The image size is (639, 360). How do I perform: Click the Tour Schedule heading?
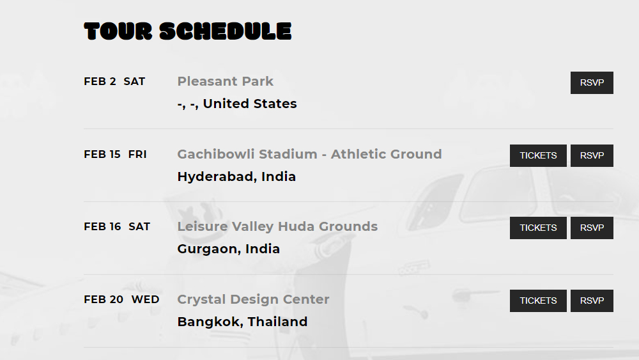coord(188,31)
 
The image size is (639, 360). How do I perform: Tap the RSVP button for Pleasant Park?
coord(592,82)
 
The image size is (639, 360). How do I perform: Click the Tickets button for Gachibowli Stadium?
coord(538,156)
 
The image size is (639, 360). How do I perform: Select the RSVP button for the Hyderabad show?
coord(592,156)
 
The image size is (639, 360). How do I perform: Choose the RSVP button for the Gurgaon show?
coord(592,228)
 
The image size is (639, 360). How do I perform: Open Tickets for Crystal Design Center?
coord(538,301)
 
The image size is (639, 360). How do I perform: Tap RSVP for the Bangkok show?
coord(592,301)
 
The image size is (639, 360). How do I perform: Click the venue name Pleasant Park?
coord(226,81)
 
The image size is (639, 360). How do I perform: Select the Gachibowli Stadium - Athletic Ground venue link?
coord(309,154)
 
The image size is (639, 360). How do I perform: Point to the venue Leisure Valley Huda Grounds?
coord(277,226)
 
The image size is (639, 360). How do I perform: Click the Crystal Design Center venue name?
coord(253,299)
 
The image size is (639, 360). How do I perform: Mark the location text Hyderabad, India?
coord(236,176)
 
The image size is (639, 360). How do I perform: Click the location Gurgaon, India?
coord(229,249)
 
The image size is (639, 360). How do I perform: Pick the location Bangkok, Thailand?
coord(242,322)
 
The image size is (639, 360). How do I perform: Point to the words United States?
coord(250,104)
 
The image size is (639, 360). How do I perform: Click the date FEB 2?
coord(100,82)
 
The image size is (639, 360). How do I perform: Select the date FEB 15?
coord(102,155)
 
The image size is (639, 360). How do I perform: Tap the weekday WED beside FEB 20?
coord(145,300)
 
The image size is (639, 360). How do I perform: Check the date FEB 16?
coord(102,227)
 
